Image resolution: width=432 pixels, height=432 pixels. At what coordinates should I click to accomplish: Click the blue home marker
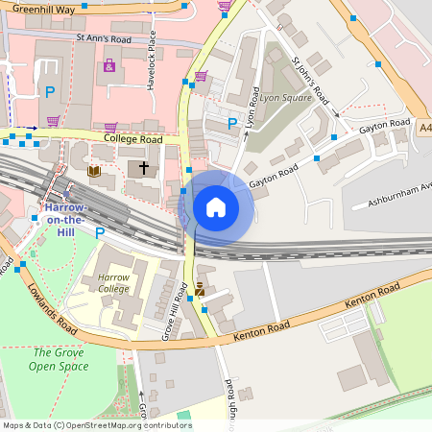216,206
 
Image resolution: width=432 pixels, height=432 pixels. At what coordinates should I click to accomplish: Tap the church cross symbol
144,168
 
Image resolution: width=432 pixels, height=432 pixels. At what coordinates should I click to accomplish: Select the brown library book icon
95,171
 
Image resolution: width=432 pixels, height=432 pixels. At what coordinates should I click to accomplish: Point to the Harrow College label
113,282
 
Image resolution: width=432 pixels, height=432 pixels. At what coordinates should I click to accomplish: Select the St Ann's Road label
103,39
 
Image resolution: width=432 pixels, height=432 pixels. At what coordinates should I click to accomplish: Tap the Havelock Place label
152,59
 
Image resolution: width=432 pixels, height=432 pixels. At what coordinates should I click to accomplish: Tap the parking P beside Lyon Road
231,123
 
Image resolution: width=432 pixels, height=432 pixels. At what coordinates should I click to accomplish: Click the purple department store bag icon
108,66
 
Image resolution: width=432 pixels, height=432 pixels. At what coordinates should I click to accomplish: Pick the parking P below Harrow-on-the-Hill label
99,233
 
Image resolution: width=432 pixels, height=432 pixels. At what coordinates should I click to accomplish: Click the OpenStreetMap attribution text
97,425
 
